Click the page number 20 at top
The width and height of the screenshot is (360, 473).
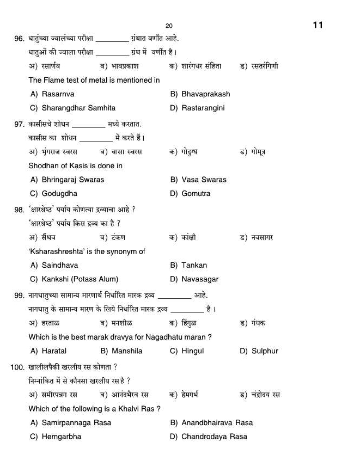pyautogui.click(x=169, y=26)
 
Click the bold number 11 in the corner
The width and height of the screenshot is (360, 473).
pyautogui.click(x=318, y=25)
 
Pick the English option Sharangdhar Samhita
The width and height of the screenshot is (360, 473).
pyautogui.click(x=78, y=108)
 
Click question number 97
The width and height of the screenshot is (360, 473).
pyautogui.click(x=19, y=125)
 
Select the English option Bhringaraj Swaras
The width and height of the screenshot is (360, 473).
pyautogui.click(x=72, y=180)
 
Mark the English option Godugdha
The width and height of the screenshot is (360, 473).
pyautogui.click(x=59, y=193)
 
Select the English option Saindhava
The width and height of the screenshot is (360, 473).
pyautogui.click(x=59, y=265)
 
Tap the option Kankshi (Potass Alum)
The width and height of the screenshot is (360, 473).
pyautogui.click(x=80, y=279)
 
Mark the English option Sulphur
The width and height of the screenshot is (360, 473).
pyautogui.click(x=265, y=351)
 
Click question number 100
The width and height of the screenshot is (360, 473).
pyautogui.click(x=17, y=367)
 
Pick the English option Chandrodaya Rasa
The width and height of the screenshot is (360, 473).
pyautogui.click(x=214, y=437)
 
